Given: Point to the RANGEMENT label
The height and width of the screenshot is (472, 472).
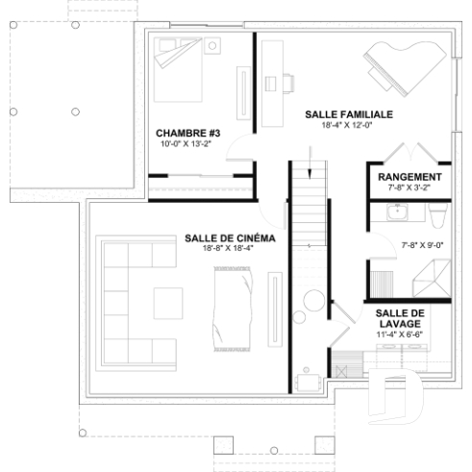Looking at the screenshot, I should click(410, 179).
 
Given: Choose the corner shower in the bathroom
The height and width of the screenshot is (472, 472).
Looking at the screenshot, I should click(423, 282).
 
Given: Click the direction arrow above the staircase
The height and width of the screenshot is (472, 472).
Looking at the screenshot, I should click(310, 170).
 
